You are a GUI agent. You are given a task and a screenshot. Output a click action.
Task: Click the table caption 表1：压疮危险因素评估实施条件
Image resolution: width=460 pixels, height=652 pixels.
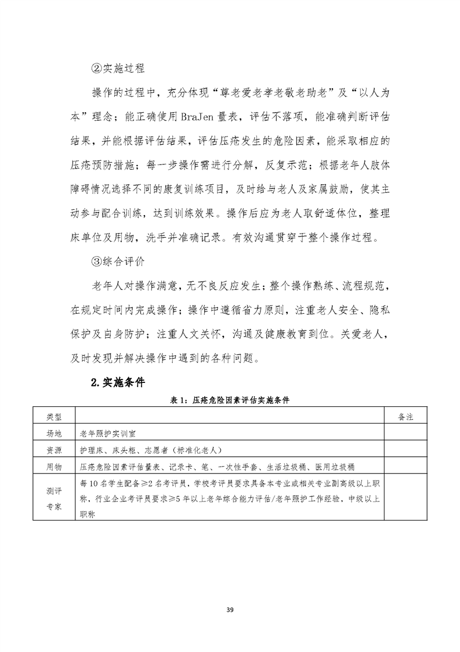pos(230,400)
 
